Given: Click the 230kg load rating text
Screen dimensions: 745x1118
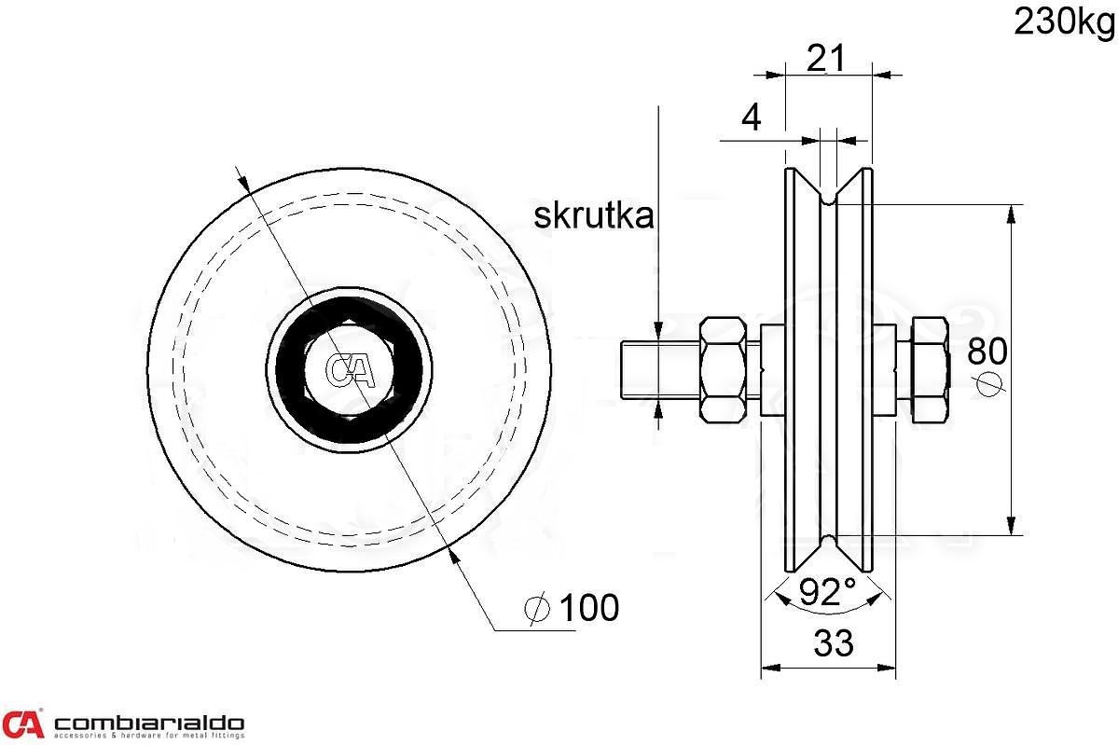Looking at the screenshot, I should point(1064,21).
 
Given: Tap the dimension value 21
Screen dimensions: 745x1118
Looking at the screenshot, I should point(825,59).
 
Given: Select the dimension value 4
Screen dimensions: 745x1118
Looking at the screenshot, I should point(750,117).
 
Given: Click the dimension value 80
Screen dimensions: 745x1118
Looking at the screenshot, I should point(987,351).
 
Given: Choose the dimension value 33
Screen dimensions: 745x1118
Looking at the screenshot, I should point(833,643).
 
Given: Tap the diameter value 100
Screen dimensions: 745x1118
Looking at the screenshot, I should point(587,608).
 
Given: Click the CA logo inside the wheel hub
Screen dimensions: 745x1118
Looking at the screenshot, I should point(350,370).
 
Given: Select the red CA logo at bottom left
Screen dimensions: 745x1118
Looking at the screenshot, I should point(23,724).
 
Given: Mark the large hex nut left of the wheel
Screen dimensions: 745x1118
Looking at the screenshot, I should point(724,370).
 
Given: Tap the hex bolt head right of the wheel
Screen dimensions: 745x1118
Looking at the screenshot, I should point(928,370).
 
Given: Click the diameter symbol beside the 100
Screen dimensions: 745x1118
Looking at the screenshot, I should point(537,609).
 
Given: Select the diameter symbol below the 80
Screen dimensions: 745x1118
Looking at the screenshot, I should point(990,382).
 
